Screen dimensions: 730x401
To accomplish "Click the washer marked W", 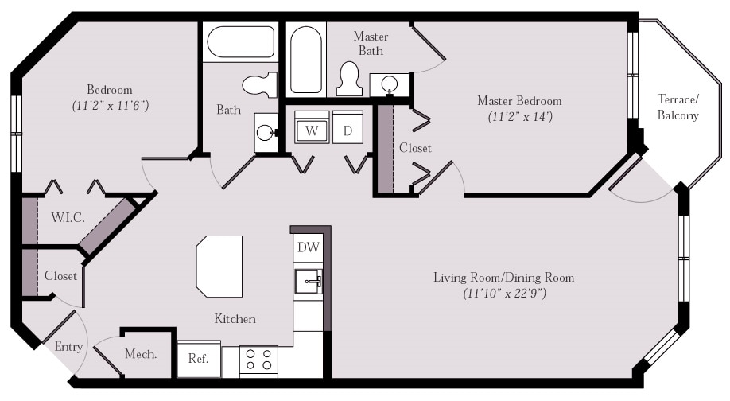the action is point(312,127).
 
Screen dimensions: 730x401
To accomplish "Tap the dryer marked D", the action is point(348,127).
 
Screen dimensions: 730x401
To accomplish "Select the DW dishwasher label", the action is point(309,247).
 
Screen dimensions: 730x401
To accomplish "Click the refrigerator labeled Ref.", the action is point(199,359).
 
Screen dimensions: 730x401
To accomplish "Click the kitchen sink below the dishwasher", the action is point(309,282).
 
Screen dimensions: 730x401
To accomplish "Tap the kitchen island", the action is point(219,266).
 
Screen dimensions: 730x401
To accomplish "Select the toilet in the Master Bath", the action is point(349,79).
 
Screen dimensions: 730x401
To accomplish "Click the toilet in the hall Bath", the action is point(260,84).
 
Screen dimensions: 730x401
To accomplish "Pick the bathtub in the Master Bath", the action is point(306,60).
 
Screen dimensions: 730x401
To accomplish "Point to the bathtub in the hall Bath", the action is point(241,42).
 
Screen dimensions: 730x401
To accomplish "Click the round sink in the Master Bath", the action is point(389,84).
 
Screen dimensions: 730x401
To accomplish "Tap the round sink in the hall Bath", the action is point(266,132).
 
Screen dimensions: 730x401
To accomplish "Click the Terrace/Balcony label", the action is point(678,107).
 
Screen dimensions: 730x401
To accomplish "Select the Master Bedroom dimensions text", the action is point(520,116).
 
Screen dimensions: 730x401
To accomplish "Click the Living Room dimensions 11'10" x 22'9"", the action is point(504,294).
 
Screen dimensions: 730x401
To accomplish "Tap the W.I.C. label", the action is point(68,217).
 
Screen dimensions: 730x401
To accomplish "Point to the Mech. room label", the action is point(141,354).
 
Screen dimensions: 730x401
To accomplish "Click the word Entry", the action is point(68,347).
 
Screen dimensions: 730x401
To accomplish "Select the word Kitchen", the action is point(235,318).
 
